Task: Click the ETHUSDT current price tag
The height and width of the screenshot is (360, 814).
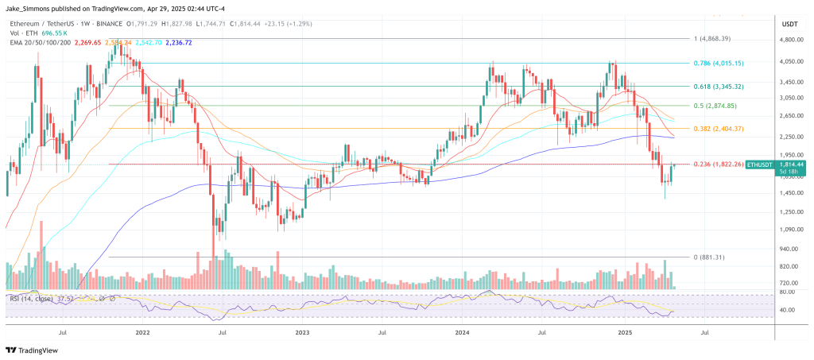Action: (x=747, y=165)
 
